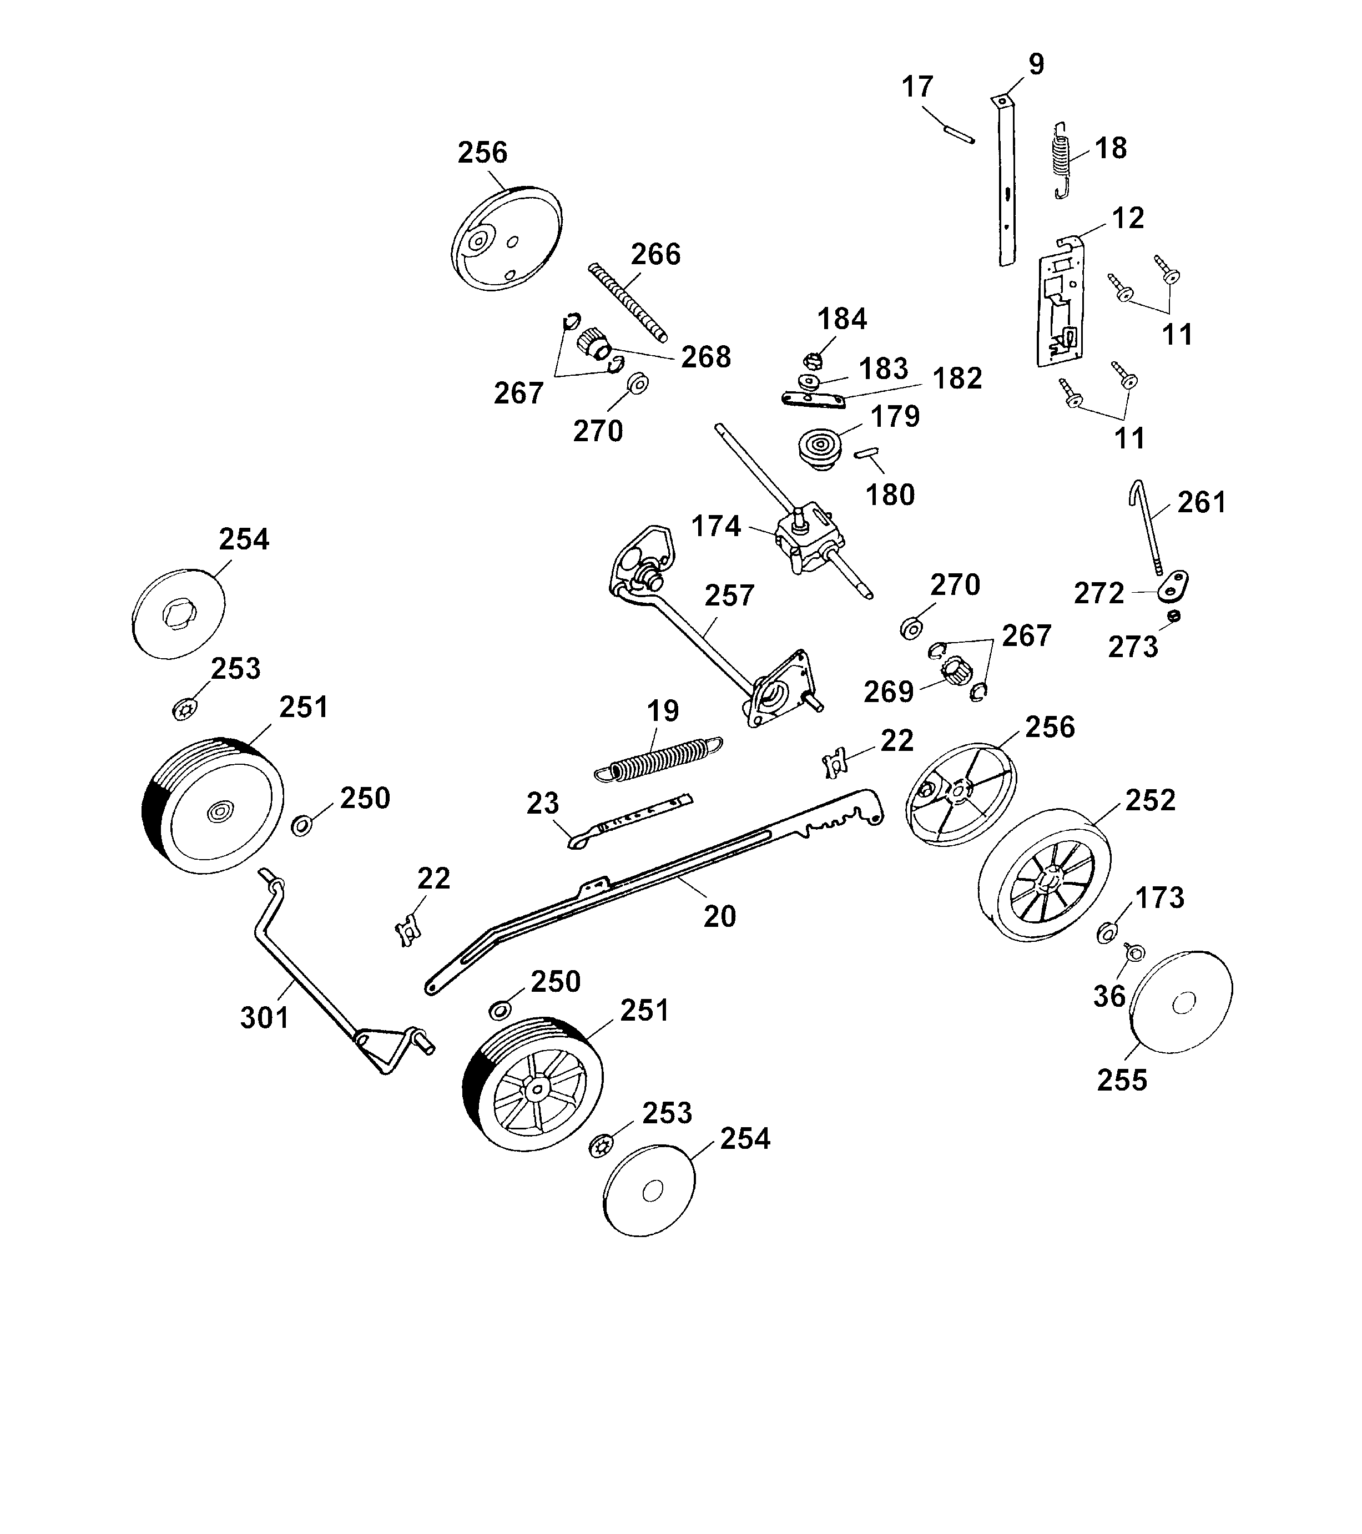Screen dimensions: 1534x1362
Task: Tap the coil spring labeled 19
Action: coord(658,759)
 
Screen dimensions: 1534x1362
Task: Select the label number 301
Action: coord(264,1018)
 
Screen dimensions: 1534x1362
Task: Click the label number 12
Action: coord(1127,219)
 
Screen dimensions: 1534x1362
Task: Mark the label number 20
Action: coord(719,916)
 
